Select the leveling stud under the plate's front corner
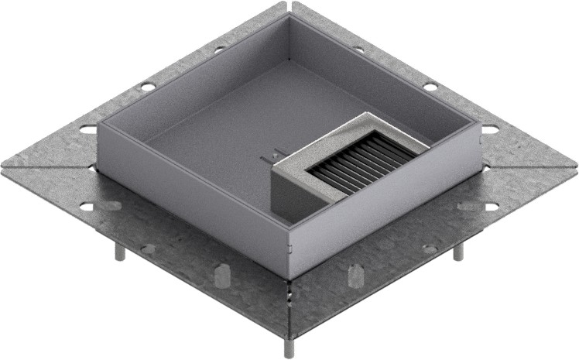tap(289, 347)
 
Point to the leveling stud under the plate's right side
tap(457, 252)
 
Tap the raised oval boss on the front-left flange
tap(221, 275)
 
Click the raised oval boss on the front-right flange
tap(356, 275)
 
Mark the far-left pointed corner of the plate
tap(3, 166)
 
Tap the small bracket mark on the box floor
tap(270, 159)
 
